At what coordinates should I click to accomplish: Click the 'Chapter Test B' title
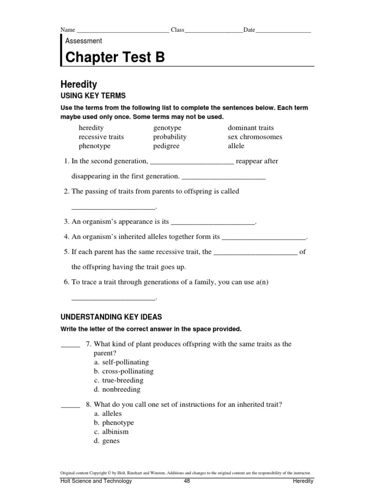(x=115, y=58)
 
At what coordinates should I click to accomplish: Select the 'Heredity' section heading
(x=79, y=84)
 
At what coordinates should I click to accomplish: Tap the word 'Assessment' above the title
(x=83, y=41)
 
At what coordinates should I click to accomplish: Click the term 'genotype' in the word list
(x=167, y=128)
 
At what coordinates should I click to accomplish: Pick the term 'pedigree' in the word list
(x=166, y=146)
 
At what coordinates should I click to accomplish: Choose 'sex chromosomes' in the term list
(x=255, y=137)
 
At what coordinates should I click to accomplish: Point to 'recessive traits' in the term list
(x=101, y=137)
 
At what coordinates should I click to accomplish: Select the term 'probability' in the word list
(x=169, y=137)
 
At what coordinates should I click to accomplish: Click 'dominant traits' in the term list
(x=251, y=128)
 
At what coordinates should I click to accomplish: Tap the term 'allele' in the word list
(x=236, y=146)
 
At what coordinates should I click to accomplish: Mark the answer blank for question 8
(x=70, y=406)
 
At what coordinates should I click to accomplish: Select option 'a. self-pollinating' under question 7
(x=121, y=362)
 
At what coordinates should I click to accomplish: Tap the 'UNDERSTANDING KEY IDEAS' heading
(x=111, y=317)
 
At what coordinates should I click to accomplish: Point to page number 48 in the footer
(x=187, y=481)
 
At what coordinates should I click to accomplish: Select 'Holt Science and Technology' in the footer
(x=96, y=481)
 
